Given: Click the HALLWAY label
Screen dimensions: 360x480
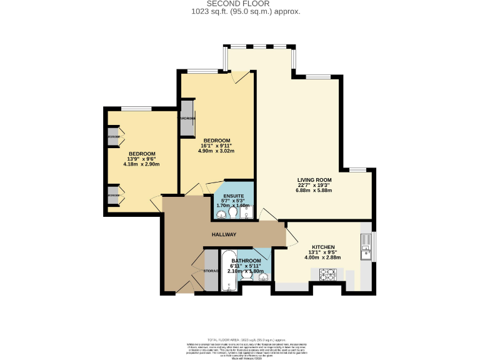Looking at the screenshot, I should click(224, 234).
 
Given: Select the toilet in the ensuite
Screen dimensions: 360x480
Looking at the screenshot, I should click(232, 213).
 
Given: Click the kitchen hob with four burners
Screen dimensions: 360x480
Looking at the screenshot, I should click(328, 274).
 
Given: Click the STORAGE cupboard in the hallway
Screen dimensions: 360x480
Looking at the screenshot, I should click(211, 271).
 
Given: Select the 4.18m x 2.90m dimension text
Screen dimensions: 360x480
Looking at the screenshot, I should click(142, 164).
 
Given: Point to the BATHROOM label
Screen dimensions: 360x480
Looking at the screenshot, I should click(246, 261).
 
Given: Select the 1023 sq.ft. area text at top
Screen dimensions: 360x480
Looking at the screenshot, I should click(240, 11).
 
